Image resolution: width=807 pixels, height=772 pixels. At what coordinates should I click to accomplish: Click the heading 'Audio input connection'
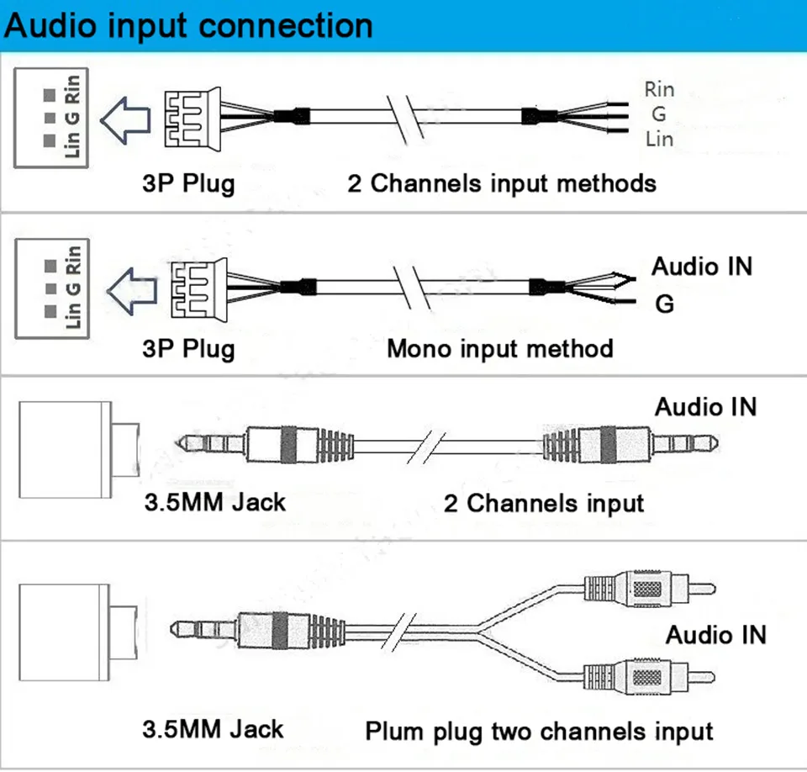(x=188, y=26)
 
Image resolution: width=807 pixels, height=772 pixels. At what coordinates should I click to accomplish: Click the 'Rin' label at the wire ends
(x=659, y=90)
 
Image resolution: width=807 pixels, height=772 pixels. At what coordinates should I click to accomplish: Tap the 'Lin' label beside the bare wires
(x=659, y=139)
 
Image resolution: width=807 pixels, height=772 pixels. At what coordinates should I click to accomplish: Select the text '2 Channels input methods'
(x=502, y=184)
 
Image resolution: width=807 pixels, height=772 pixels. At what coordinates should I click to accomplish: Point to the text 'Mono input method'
(x=499, y=349)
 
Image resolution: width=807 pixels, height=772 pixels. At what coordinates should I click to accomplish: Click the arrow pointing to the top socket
(x=125, y=119)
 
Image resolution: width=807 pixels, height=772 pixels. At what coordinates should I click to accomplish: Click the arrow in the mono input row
(x=132, y=291)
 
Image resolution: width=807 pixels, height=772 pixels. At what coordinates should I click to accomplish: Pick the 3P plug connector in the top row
(x=193, y=119)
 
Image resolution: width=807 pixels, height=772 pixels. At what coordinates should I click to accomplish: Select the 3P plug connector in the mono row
(x=199, y=289)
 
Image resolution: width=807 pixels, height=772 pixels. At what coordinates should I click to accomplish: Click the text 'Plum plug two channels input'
(x=539, y=732)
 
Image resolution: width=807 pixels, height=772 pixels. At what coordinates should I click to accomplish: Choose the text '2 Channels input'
(x=544, y=503)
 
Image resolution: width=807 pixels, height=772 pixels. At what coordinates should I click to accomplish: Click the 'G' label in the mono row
(x=664, y=304)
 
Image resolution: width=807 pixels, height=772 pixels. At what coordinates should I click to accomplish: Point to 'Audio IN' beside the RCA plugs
(x=716, y=634)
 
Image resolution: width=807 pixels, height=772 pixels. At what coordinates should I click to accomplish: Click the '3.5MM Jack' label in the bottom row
(x=213, y=729)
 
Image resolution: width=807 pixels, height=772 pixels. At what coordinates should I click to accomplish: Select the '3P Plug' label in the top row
(x=188, y=184)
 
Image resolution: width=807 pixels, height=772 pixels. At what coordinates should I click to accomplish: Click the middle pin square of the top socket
(x=50, y=118)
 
